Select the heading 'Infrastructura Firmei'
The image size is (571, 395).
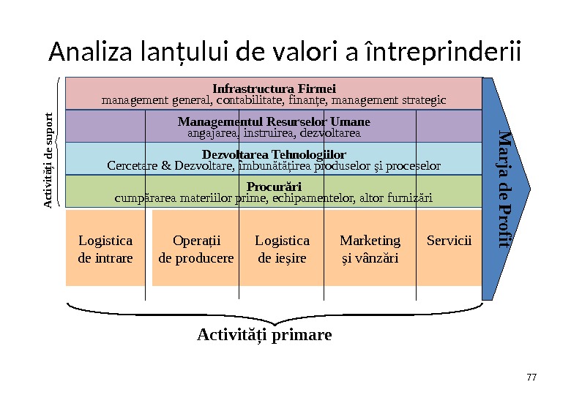[x=274, y=89]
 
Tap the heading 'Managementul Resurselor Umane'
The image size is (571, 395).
[x=274, y=121]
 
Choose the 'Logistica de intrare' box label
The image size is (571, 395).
[x=105, y=249]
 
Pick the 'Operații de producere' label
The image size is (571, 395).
[x=196, y=249]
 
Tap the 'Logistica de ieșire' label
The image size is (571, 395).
[x=282, y=249]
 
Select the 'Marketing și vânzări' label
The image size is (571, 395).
[x=370, y=249]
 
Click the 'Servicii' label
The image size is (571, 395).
[x=449, y=241]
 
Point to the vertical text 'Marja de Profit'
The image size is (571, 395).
[x=504, y=188]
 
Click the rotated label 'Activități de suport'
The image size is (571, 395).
[x=48, y=159]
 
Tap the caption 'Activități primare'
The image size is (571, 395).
[x=264, y=335]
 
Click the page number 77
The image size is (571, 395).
[x=531, y=377]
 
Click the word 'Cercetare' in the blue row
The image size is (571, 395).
[x=133, y=166]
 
